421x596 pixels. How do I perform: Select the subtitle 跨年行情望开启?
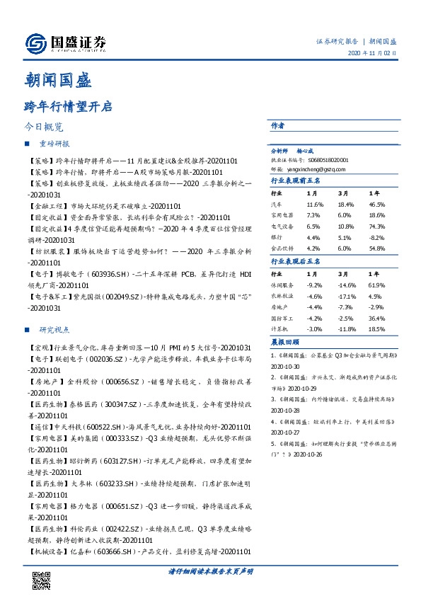click(67, 107)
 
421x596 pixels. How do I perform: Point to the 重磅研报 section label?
click(54, 144)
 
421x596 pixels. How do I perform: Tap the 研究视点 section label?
click(54, 330)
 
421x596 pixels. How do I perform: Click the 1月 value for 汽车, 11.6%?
click(315, 203)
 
